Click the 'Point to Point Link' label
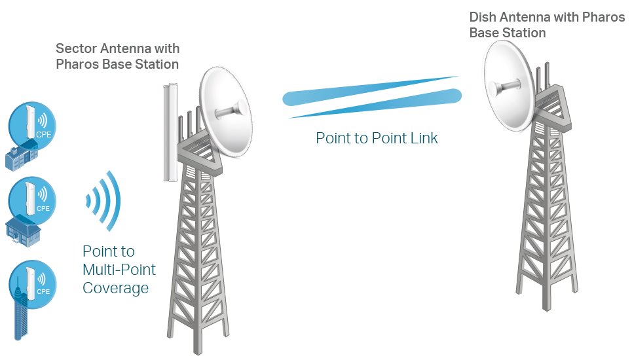coord(377,138)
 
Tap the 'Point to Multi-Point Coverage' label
coord(118,270)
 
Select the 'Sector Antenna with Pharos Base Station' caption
coord(117,57)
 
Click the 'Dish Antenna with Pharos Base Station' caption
coord(547,25)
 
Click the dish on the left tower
coord(225,111)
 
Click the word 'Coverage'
coord(115,288)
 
